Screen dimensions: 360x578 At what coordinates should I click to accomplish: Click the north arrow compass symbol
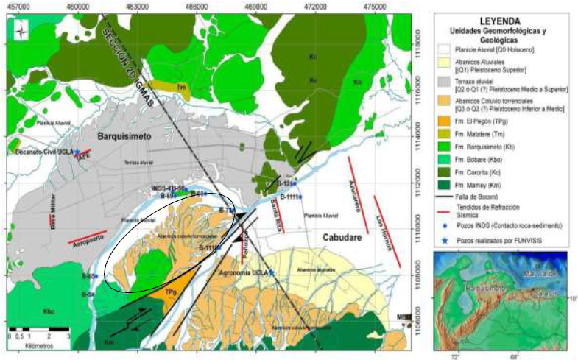pos(22,32)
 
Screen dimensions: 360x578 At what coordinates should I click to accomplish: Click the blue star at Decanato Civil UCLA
pos(77,152)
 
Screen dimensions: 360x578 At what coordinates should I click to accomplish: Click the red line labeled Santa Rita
pos(278,213)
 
